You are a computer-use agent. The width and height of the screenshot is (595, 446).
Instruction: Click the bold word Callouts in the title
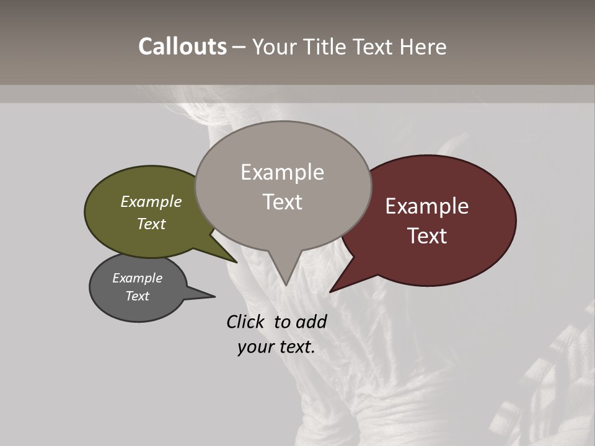182,46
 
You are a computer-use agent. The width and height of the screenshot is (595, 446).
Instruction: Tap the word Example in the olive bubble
151,201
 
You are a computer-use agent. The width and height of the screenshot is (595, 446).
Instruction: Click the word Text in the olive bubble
151,224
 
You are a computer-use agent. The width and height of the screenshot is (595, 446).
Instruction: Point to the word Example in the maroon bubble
427,206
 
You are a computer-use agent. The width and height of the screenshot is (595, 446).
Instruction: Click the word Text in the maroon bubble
427,236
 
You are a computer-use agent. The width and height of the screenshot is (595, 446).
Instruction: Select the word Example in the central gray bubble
282,172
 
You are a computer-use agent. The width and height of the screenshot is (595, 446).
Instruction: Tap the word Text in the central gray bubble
282,202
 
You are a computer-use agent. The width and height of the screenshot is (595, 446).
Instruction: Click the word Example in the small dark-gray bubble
138,278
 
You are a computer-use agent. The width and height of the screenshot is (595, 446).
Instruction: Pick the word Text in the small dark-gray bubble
138,296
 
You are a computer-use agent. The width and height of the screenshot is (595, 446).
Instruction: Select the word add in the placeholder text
311,321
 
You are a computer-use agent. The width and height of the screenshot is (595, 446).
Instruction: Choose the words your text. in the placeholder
276,347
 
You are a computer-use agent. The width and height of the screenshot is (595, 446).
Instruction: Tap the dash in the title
239,46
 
